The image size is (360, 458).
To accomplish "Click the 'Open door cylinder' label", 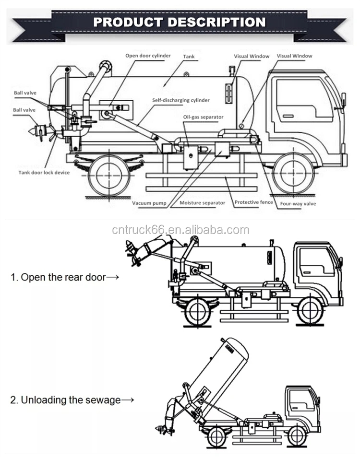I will coord(148,56).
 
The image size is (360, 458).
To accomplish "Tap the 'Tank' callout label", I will coord(189,57).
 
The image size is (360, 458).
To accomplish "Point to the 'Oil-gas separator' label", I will coord(203,117).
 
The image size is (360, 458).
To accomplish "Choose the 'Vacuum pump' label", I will coord(149,203).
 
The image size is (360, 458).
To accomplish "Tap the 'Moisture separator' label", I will coord(202,203).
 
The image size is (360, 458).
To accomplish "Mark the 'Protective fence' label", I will coord(253,202).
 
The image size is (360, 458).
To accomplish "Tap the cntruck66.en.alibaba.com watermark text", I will coord(180,230).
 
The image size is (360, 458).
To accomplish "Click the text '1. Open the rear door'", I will coord(64,277).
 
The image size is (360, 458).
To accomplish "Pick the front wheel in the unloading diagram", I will coord(297,435).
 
